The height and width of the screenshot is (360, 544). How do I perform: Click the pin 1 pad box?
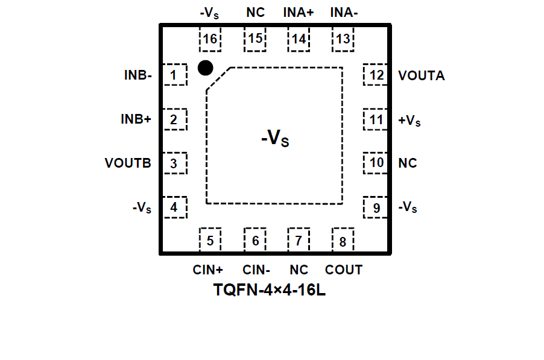pos(174,75)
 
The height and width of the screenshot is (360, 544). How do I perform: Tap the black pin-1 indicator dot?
pos(205,68)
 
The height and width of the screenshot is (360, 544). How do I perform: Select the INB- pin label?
pos(138,75)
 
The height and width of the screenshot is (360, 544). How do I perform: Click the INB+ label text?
pos(136,119)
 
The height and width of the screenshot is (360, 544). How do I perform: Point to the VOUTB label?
pos(127,163)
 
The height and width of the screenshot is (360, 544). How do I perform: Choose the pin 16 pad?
pos(210,39)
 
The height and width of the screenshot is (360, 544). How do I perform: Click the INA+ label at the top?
pos(299,12)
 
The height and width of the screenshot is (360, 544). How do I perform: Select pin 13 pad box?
pos(343,39)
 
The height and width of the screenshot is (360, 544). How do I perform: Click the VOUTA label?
pos(422,75)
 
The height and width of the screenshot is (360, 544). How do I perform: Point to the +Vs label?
pos(410,121)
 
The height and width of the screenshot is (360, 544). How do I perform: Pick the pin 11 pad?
pos(376,119)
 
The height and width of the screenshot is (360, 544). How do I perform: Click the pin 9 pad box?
pos(376,208)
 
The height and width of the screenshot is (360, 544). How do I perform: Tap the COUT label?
pos(344,270)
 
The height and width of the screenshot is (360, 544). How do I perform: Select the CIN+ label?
pos(208,270)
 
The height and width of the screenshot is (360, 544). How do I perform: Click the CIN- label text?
pos(256,270)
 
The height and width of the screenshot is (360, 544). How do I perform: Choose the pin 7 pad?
pos(299,241)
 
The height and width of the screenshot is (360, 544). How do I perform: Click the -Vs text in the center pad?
pos(275,139)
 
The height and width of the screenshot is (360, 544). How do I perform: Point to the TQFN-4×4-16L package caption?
pos(270,290)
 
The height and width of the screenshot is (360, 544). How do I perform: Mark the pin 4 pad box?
pos(174,208)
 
